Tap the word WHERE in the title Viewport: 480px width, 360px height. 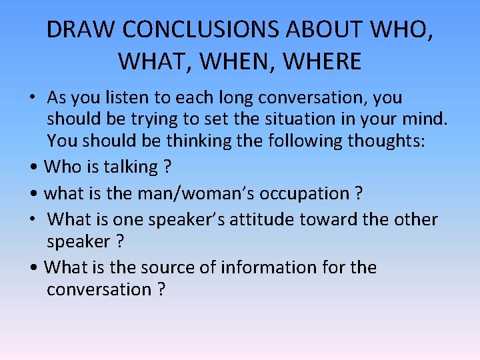323,61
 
